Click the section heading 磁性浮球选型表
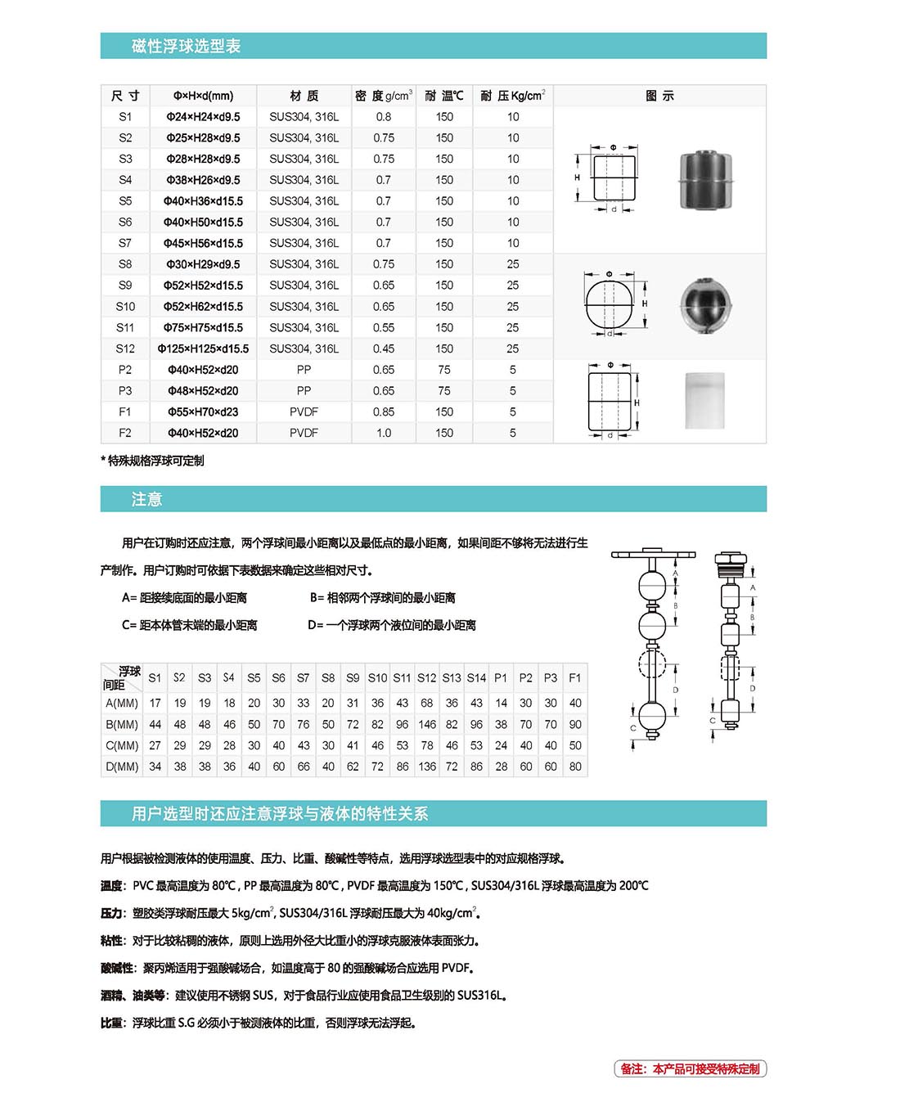point(186,46)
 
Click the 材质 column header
point(304,96)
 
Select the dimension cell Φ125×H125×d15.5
point(203,349)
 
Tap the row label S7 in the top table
point(125,243)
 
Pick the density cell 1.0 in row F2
point(383,433)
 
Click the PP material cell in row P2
point(304,370)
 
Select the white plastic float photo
point(704,400)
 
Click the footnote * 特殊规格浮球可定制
point(153,461)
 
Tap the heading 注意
point(146,499)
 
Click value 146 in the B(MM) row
point(427,724)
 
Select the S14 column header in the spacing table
point(476,677)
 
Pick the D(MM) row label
point(122,767)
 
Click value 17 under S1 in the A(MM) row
point(155,703)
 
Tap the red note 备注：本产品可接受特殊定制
point(690,1068)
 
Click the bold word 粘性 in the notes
point(112,941)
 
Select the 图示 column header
point(659,96)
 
